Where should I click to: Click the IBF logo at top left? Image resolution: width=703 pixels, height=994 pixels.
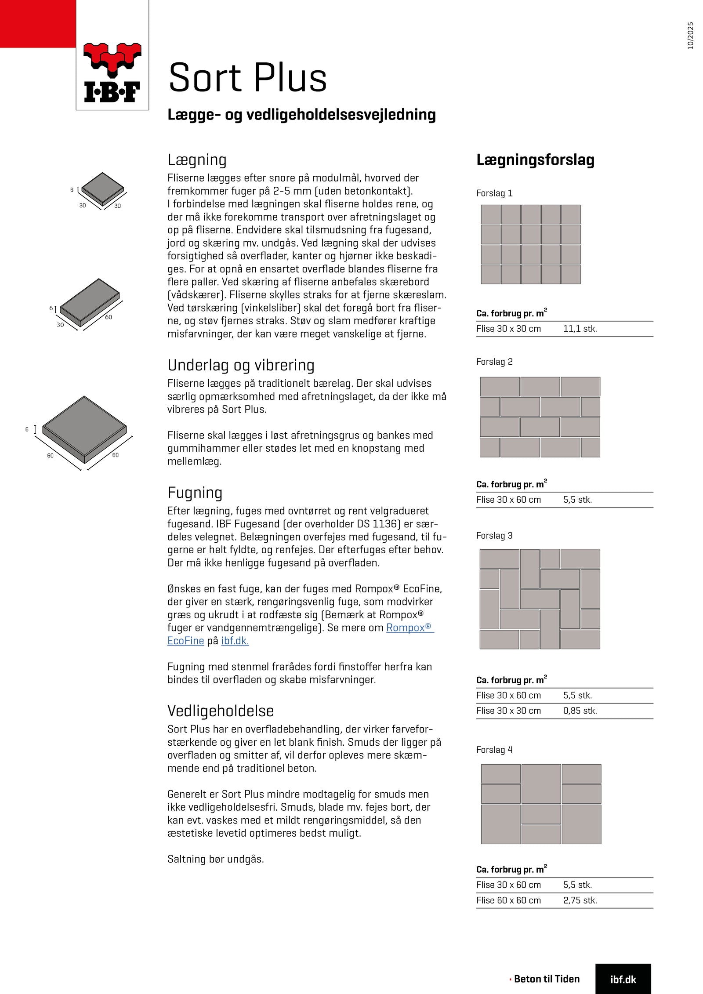[x=112, y=73]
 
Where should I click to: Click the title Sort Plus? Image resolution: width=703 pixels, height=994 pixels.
[x=247, y=78]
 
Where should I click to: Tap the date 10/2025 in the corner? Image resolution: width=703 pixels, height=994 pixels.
[x=690, y=36]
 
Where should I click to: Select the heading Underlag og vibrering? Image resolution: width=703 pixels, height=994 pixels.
[x=241, y=365]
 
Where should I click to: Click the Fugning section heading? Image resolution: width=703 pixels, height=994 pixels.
[x=195, y=493]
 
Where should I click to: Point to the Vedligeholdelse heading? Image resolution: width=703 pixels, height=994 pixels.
[x=221, y=711]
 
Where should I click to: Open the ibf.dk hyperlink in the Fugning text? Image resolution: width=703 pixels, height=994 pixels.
[x=235, y=641]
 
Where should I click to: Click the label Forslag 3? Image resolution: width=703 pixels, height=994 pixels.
[x=494, y=536]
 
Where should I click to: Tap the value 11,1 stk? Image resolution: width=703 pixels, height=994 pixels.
[x=580, y=329]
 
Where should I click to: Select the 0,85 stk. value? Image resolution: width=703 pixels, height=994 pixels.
[x=580, y=711]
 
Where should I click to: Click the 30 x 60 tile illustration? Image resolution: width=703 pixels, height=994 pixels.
[x=89, y=303]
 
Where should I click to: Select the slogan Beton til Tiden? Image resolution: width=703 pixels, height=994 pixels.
[x=546, y=979]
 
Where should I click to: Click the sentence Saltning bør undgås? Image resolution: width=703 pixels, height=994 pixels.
[x=215, y=859]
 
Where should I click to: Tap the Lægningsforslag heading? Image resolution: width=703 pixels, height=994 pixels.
[x=535, y=160]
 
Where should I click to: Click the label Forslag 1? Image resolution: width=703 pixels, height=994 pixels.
[x=494, y=193]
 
